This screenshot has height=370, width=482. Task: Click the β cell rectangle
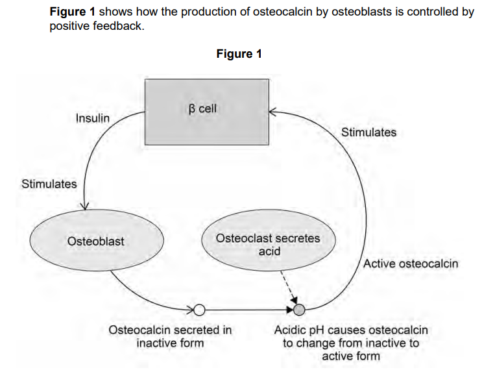click(x=206, y=111)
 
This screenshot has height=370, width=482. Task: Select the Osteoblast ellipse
click(x=95, y=241)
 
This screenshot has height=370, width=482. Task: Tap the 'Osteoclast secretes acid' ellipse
click(x=267, y=244)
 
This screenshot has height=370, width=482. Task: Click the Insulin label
click(x=92, y=118)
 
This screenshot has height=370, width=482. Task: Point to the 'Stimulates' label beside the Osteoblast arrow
click(x=49, y=184)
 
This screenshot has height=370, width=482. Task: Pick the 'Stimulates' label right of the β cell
click(x=368, y=132)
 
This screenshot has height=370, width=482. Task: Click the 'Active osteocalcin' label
click(x=411, y=264)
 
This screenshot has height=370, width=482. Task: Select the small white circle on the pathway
click(x=200, y=308)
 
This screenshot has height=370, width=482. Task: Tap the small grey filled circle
click(x=299, y=308)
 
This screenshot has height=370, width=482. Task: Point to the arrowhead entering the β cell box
click(x=273, y=112)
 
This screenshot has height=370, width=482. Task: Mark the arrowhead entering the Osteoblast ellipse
click(x=84, y=206)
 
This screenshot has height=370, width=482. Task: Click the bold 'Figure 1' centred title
click(x=239, y=54)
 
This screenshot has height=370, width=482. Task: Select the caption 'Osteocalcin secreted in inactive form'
click(x=170, y=336)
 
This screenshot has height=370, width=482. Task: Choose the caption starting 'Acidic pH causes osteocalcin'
click(x=351, y=343)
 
